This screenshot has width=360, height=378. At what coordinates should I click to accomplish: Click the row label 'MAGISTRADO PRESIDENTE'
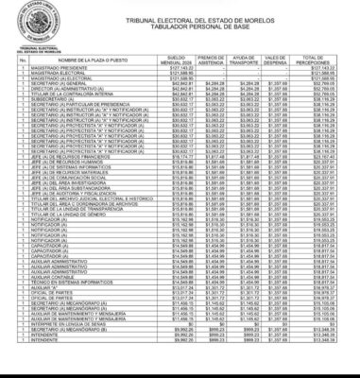pos(57,69)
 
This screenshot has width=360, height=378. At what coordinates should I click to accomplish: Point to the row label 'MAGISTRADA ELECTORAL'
pos(56,80)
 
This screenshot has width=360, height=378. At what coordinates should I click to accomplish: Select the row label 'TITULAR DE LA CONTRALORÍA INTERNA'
pos(71,97)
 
